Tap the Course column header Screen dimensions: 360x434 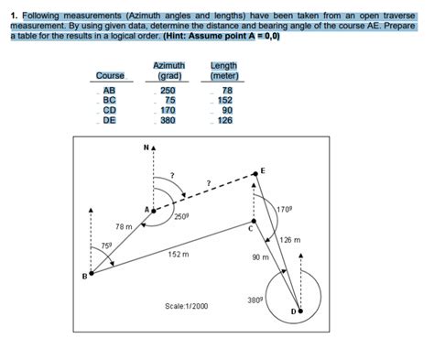110,75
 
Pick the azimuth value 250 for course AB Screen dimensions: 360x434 168,90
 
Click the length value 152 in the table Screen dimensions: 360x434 225,100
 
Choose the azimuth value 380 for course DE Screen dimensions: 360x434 168,119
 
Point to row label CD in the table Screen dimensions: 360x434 109,110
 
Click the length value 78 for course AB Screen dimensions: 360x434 227,90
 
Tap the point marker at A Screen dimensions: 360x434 154,210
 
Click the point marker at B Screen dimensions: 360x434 90,272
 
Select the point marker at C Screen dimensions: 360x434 255,221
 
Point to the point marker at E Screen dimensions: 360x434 256,174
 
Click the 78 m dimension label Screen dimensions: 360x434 125,226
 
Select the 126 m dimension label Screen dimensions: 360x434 290,240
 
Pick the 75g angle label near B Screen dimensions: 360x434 106,245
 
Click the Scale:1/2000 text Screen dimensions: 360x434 186,304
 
